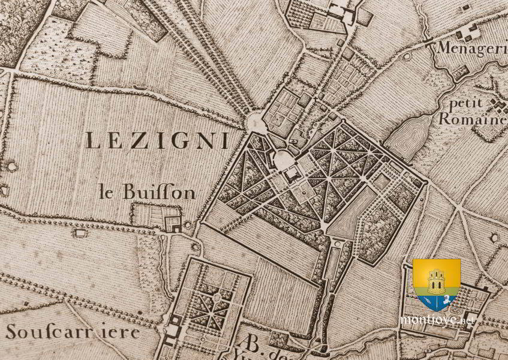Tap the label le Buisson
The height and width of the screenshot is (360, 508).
(x=148, y=193)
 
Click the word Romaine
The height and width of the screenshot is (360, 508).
(x=472, y=119)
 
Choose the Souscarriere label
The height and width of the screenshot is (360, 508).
(x=73, y=332)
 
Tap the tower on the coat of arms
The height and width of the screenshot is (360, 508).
(x=436, y=277)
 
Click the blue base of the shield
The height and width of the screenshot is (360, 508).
(x=436, y=302)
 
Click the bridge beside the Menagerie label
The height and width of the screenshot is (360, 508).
(x=429, y=43)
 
